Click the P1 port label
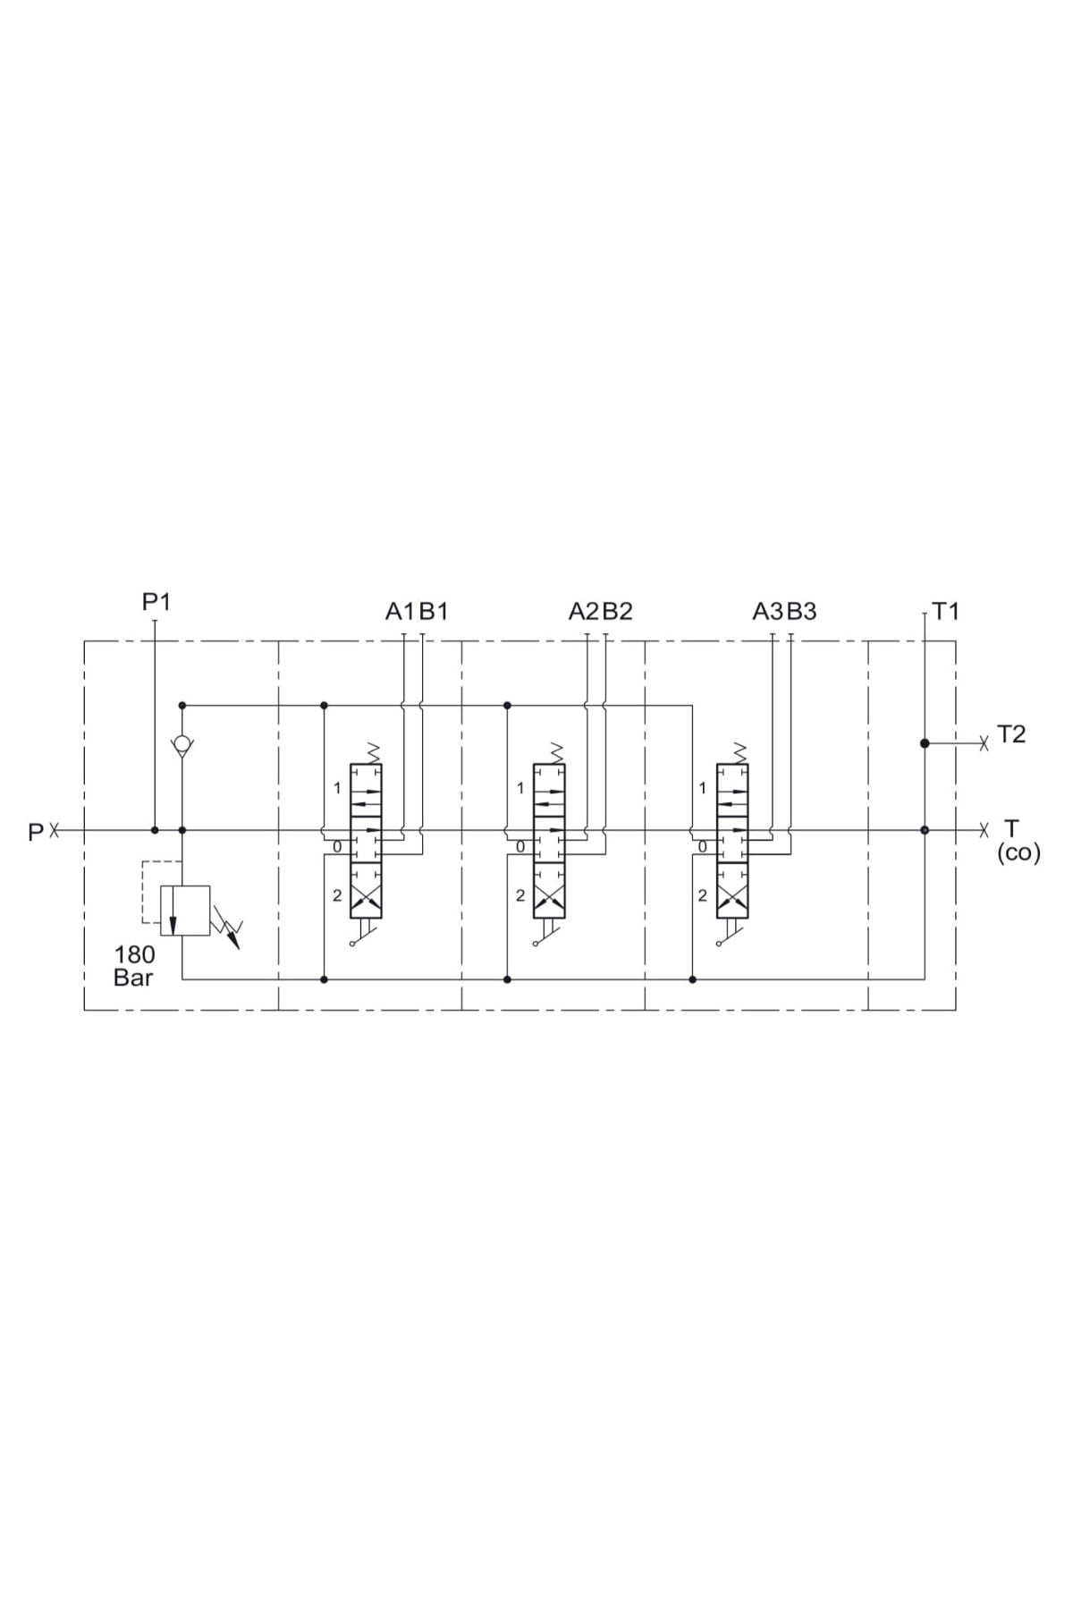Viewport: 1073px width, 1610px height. click(156, 602)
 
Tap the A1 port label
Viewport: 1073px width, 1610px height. click(401, 612)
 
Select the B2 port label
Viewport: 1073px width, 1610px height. click(618, 612)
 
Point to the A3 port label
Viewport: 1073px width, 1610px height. click(768, 612)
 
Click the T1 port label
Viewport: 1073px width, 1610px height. click(945, 612)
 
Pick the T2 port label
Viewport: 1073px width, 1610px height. click(1010, 734)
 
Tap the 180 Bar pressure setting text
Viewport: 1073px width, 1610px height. click(133, 966)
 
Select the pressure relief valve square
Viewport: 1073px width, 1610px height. click(185, 911)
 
